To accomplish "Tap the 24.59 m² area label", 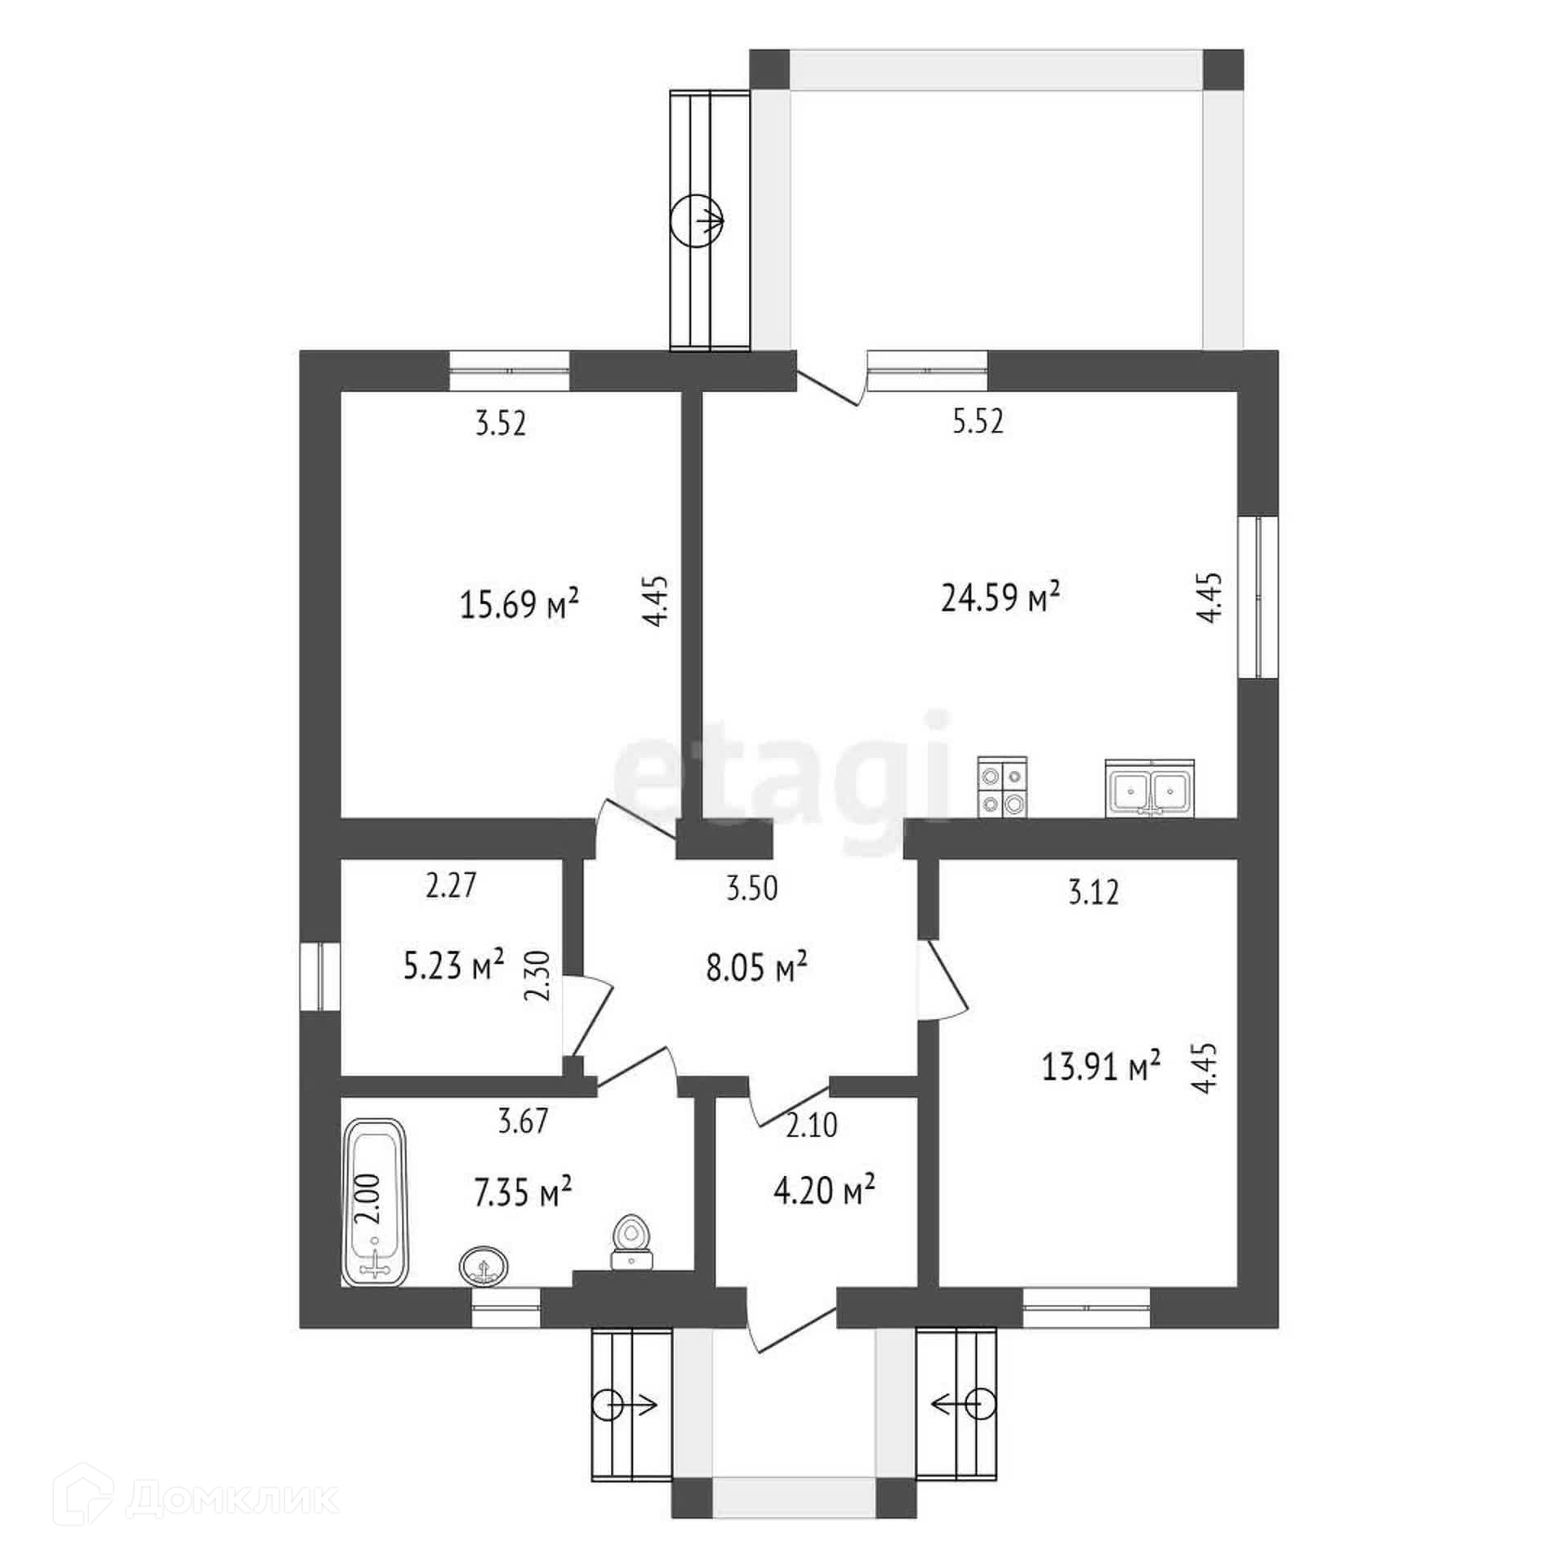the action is click(1000, 599).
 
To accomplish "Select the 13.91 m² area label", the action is click(1101, 1066).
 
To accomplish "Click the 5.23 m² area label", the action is click(453, 968).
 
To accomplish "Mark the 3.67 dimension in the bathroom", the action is click(523, 1121).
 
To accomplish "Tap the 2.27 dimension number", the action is click(451, 886).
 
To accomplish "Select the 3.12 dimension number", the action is click(1094, 893).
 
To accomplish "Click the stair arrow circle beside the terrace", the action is click(697, 220).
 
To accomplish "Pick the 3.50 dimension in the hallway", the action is click(752, 888).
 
